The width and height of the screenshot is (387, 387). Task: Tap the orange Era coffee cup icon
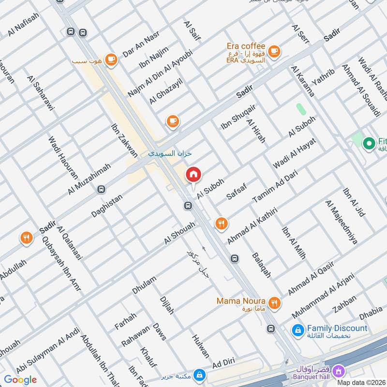click(x=274, y=51)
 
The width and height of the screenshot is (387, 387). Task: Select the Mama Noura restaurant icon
click(x=275, y=303)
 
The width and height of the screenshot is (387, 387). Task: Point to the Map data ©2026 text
click(x=361, y=382)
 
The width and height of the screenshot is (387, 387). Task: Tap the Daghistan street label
click(x=107, y=206)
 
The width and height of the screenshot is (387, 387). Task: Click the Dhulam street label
click(x=144, y=285)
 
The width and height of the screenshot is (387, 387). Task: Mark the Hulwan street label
click(x=201, y=346)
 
